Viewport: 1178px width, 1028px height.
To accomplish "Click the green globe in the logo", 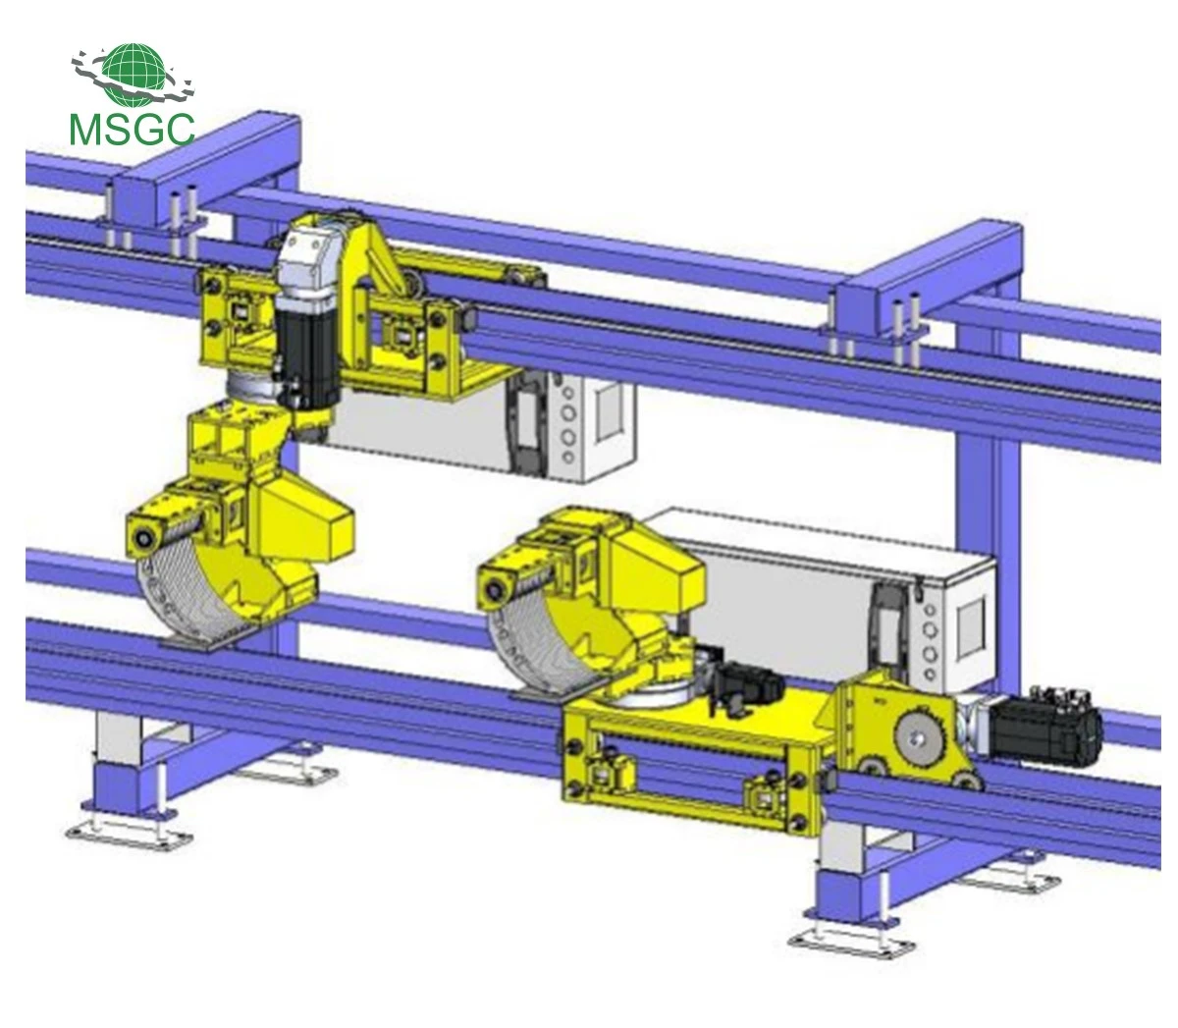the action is coord(133,75).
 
